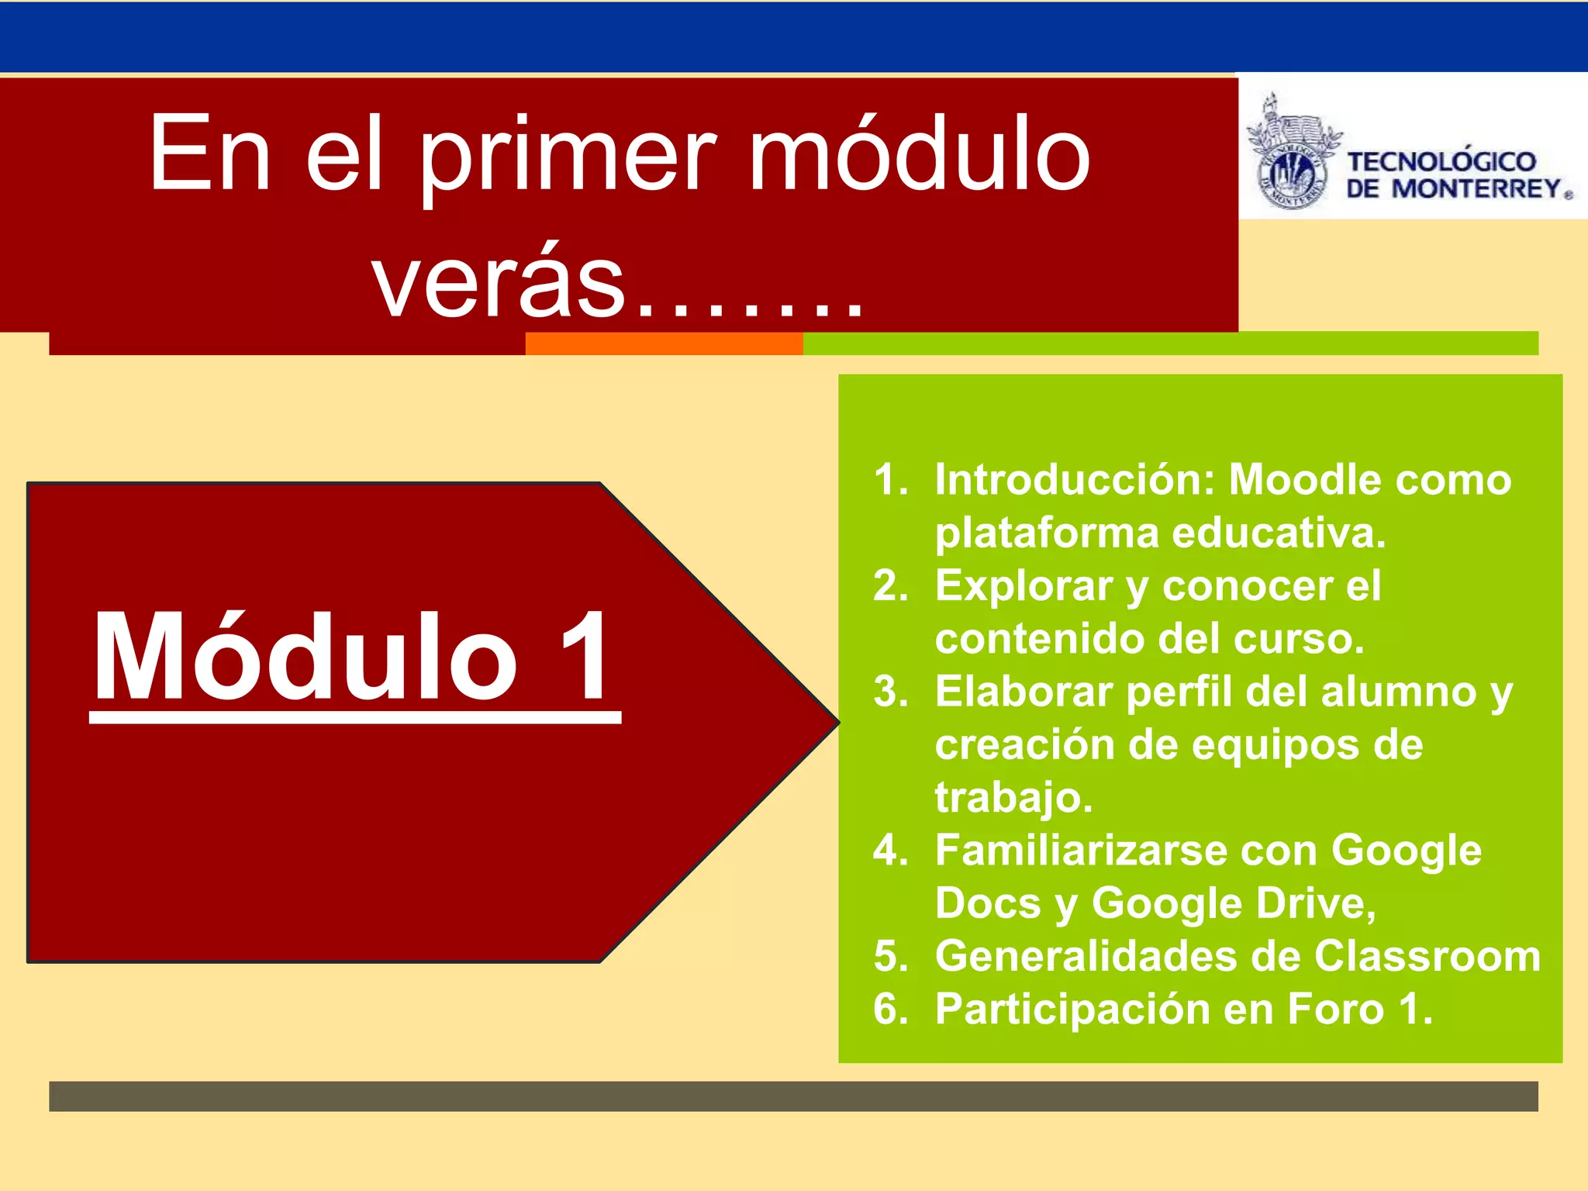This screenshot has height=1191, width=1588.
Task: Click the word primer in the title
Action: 570,155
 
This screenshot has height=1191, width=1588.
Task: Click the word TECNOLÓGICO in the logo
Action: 1441,161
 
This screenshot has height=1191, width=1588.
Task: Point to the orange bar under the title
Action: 664,343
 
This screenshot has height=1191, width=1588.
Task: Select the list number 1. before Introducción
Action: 890,479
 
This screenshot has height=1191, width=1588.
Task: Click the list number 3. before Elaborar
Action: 890,692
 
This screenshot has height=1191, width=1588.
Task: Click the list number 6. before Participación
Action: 890,1009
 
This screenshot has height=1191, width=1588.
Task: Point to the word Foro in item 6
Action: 1335,1009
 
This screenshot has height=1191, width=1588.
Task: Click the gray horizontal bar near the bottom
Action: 793,1096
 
